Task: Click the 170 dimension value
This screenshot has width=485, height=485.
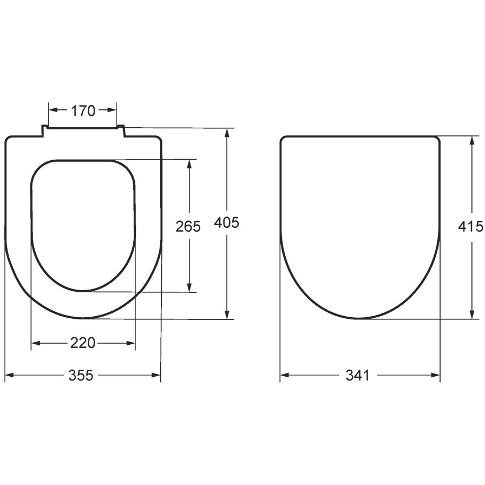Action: coord(83,111)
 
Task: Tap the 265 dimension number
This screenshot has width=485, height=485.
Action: coord(188,226)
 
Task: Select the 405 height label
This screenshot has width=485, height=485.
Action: coord(227,222)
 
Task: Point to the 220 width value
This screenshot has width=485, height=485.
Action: coord(83,343)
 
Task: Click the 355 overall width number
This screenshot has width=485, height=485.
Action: coord(81,375)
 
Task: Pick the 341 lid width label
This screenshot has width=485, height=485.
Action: coord(358,375)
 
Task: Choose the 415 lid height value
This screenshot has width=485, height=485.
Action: coord(470,226)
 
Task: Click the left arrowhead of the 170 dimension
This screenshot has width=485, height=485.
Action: coord(53,110)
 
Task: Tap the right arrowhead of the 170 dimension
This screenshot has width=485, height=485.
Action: coord(112,110)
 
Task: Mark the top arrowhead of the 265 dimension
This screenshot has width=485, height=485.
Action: coord(189,164)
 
